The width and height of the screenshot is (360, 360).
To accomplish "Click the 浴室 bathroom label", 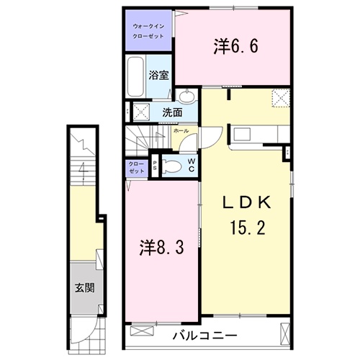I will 158,74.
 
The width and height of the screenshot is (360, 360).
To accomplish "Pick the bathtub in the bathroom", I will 136,78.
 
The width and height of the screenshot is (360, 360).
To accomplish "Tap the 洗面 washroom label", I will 171,112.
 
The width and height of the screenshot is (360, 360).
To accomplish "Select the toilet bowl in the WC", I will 170,166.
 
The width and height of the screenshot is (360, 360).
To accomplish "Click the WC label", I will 191,165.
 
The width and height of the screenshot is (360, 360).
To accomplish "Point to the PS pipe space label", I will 154,166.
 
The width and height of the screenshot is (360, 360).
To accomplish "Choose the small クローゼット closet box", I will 135,167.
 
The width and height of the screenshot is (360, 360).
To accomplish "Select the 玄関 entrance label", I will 84,290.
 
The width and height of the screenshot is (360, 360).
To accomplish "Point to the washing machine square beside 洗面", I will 140,112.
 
